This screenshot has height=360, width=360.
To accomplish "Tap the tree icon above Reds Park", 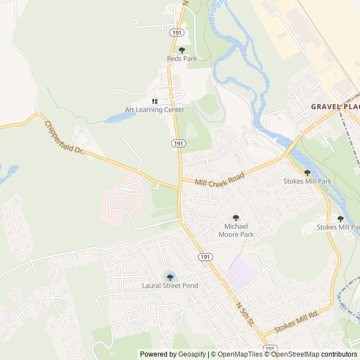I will [x=181, y=50].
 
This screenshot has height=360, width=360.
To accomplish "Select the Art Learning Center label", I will [x=155, y=110].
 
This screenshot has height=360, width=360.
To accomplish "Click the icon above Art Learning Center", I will [x=155, y=101].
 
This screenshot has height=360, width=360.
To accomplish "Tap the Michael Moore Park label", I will [x=236, y=229].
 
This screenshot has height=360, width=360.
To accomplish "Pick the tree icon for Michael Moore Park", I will [x=236, y=218].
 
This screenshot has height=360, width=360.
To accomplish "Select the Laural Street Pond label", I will [x=170, y=286].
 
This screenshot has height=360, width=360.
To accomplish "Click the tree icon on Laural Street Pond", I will [x=170, y=277].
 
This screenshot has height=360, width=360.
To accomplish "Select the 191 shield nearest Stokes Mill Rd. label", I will [x=270, y=349].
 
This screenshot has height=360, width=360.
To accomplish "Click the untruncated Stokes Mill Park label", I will [x=308, y=182].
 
